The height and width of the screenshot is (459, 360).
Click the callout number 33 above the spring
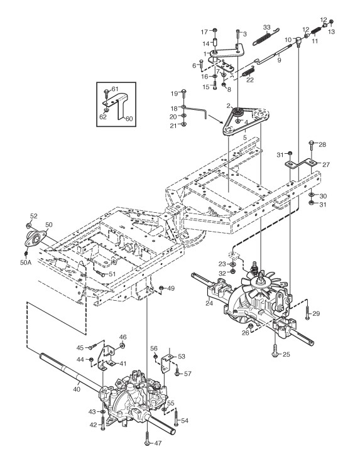(266, 28)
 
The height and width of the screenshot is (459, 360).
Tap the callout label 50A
(26, 262)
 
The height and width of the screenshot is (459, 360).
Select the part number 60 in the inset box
(129, 119)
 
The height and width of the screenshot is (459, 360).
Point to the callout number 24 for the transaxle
(209, 303)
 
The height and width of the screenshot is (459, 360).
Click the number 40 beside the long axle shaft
(77, 389)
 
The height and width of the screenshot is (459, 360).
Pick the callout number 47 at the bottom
(158, 443)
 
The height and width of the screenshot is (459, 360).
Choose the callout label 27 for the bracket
(326, 165)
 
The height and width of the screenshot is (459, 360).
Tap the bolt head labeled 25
(275, 354)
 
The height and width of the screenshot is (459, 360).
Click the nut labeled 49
(161, 289)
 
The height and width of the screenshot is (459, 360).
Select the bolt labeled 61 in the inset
(106, 93)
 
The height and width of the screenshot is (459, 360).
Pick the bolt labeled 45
(93, 347)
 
